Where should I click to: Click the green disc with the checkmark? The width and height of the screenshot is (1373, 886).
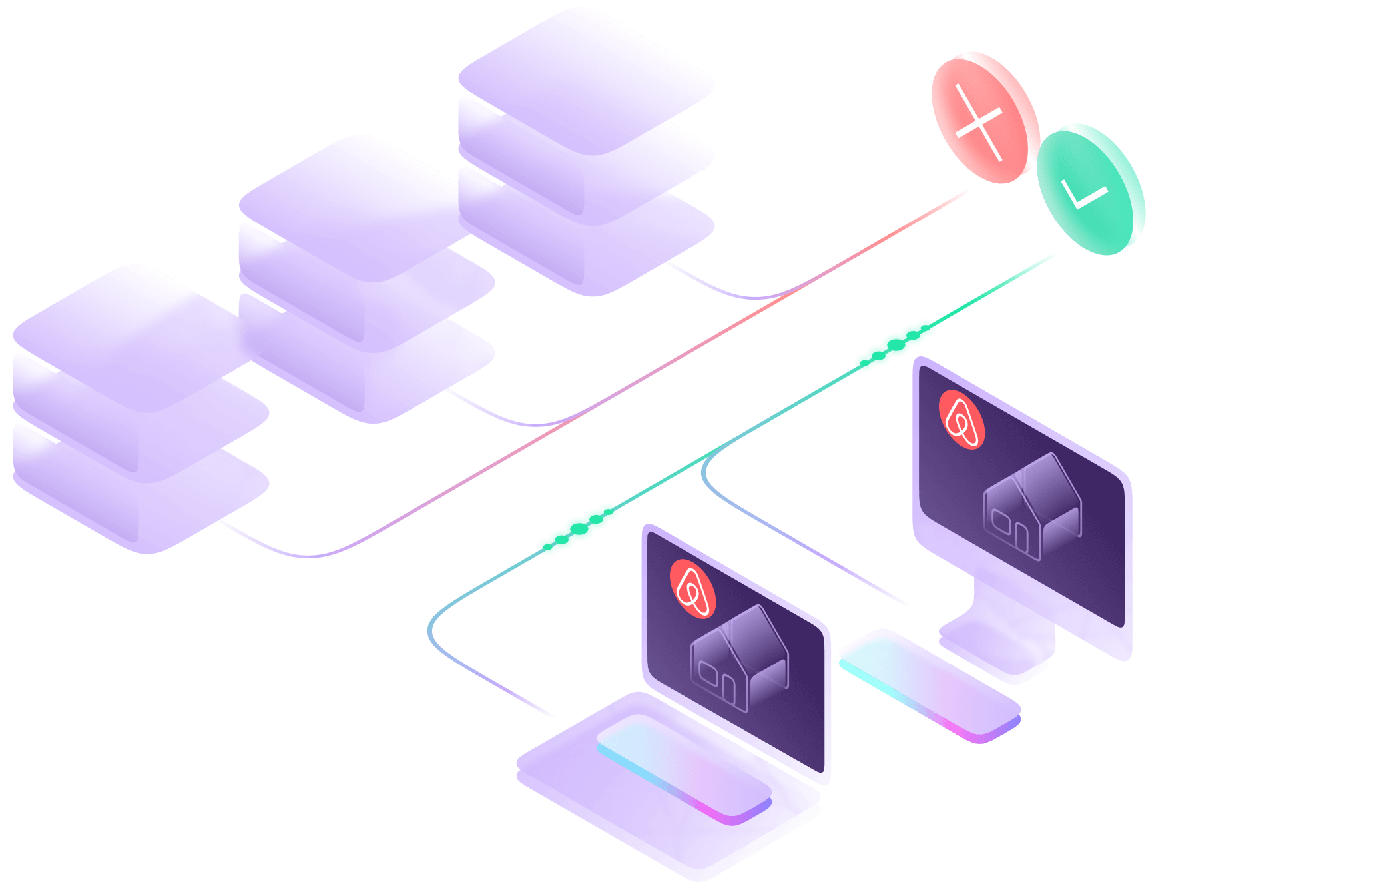coord(1091,189)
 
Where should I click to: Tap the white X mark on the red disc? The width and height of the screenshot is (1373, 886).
coord(979,122)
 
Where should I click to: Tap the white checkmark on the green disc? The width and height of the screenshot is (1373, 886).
coord(1083,194)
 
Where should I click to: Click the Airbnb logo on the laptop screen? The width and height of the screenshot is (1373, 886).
coord(692,589)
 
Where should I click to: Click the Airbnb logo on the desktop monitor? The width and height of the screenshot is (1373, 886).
coord(961,420)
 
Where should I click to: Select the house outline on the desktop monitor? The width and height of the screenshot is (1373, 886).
coord(1032,506)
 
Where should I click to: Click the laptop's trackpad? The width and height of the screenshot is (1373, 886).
coord(683,766)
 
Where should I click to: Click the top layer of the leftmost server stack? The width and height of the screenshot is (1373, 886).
coord(133,333)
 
